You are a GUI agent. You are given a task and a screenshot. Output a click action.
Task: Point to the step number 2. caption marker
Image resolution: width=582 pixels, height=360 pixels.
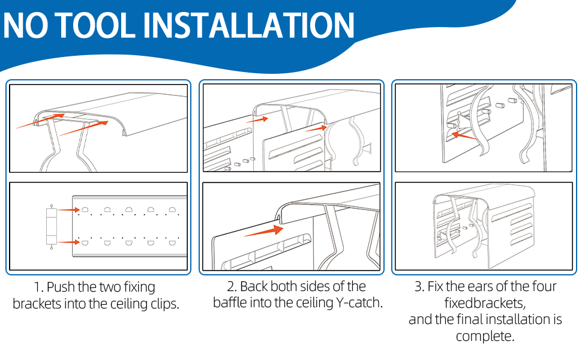coord(233,286)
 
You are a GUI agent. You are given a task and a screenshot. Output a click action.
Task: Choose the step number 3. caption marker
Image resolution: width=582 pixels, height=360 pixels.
coord(419,286)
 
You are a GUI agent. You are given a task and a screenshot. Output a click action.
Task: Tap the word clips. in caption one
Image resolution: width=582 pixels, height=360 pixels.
coord(161,304)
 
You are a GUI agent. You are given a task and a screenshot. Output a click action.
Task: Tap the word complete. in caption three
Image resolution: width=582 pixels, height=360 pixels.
coord(485,336)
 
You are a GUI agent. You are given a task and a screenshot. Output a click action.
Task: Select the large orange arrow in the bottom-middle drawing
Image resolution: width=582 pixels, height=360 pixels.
coord(264,230)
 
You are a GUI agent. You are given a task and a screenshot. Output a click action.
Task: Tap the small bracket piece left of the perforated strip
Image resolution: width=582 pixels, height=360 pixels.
coord(50,226)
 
